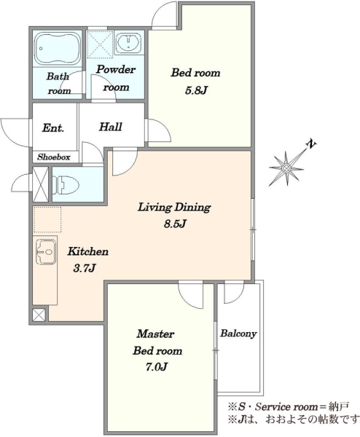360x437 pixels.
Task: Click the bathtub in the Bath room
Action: (x=58, y=50)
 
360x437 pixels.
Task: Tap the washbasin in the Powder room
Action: (x=128, y=43)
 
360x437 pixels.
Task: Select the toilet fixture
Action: (x=66, y=184)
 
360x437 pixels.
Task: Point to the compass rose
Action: (x=287, y=168)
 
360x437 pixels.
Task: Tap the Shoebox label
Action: (x=54, y=157)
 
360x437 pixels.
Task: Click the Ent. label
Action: (x=53, y=128)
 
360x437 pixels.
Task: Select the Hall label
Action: (x=111, y=127)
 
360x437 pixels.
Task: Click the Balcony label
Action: (x=238, y=334)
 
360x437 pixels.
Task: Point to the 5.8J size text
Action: (x=196, y=90)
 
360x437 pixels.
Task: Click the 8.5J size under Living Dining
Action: (x=175, y=224)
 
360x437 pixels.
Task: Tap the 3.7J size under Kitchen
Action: (x=85, y=268)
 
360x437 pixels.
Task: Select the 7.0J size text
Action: (x=156, y=367)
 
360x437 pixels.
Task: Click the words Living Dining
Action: (x=174, y=208)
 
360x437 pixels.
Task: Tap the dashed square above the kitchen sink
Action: (x=47, y=219)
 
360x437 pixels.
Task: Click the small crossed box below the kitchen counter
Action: (x=39, y=315)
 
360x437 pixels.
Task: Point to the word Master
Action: (x=156, y=334)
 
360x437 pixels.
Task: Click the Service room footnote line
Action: (x=288, y=406)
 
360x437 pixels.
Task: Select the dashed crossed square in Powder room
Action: (x=100, y=44)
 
